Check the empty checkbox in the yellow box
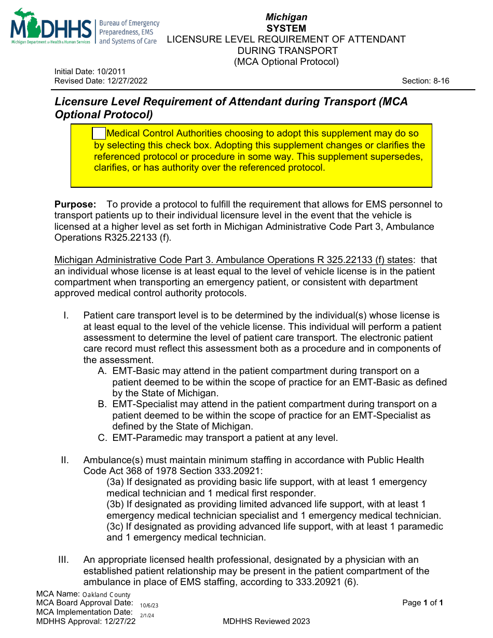(x=99, y=134)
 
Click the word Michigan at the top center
(x=286, y=17)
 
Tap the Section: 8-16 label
(x=426, y=81)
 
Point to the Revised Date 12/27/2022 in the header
(x=101, y=81)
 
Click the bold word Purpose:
(x=75, y=204)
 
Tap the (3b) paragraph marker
(x=115, y=504)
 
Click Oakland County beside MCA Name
(x=106, y=594)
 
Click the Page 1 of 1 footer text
(x=422, y=603)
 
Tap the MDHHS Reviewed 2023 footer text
(x=266, y=621)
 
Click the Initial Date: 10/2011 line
(x=90, y=72)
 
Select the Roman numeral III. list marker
(x=64, y=560)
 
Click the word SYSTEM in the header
(x=286, y=28)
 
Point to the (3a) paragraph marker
(x=115, y=482)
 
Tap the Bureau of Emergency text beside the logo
(x=129, y=23)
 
